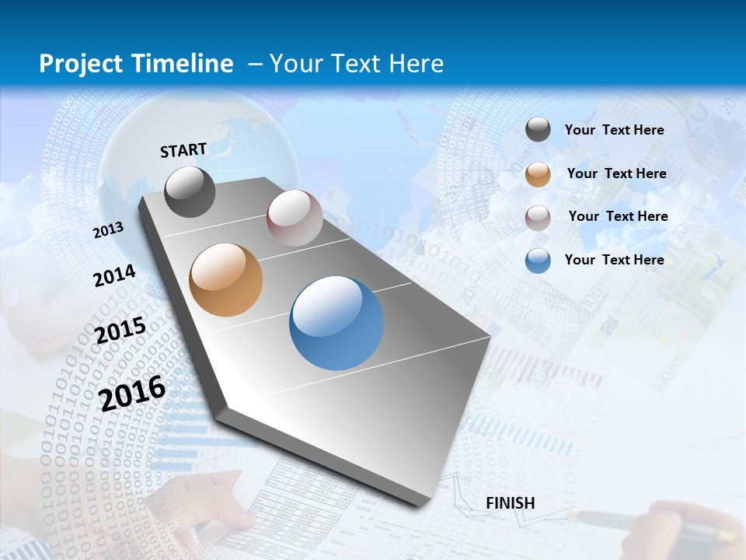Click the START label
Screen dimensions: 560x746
(183, 150)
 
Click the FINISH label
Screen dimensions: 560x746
(510, 503)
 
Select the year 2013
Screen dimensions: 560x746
(108, 230)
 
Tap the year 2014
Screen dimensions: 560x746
(114, 275)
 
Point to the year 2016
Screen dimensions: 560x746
(133, 393)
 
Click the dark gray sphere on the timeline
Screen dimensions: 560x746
(190, 191)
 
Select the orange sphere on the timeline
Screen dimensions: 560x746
(226, 280)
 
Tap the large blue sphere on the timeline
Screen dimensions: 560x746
(336, 323)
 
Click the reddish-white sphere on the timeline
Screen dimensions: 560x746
(295, 218)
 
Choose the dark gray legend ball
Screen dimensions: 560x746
(538, 130)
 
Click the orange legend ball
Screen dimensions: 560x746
(538, 173)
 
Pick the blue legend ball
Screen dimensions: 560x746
(538, 260)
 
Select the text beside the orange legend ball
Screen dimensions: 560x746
(616, 173)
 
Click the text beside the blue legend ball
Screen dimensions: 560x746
(614, 260)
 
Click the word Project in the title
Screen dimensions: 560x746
(79, 64)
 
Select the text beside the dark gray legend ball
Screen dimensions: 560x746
(614, 130)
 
